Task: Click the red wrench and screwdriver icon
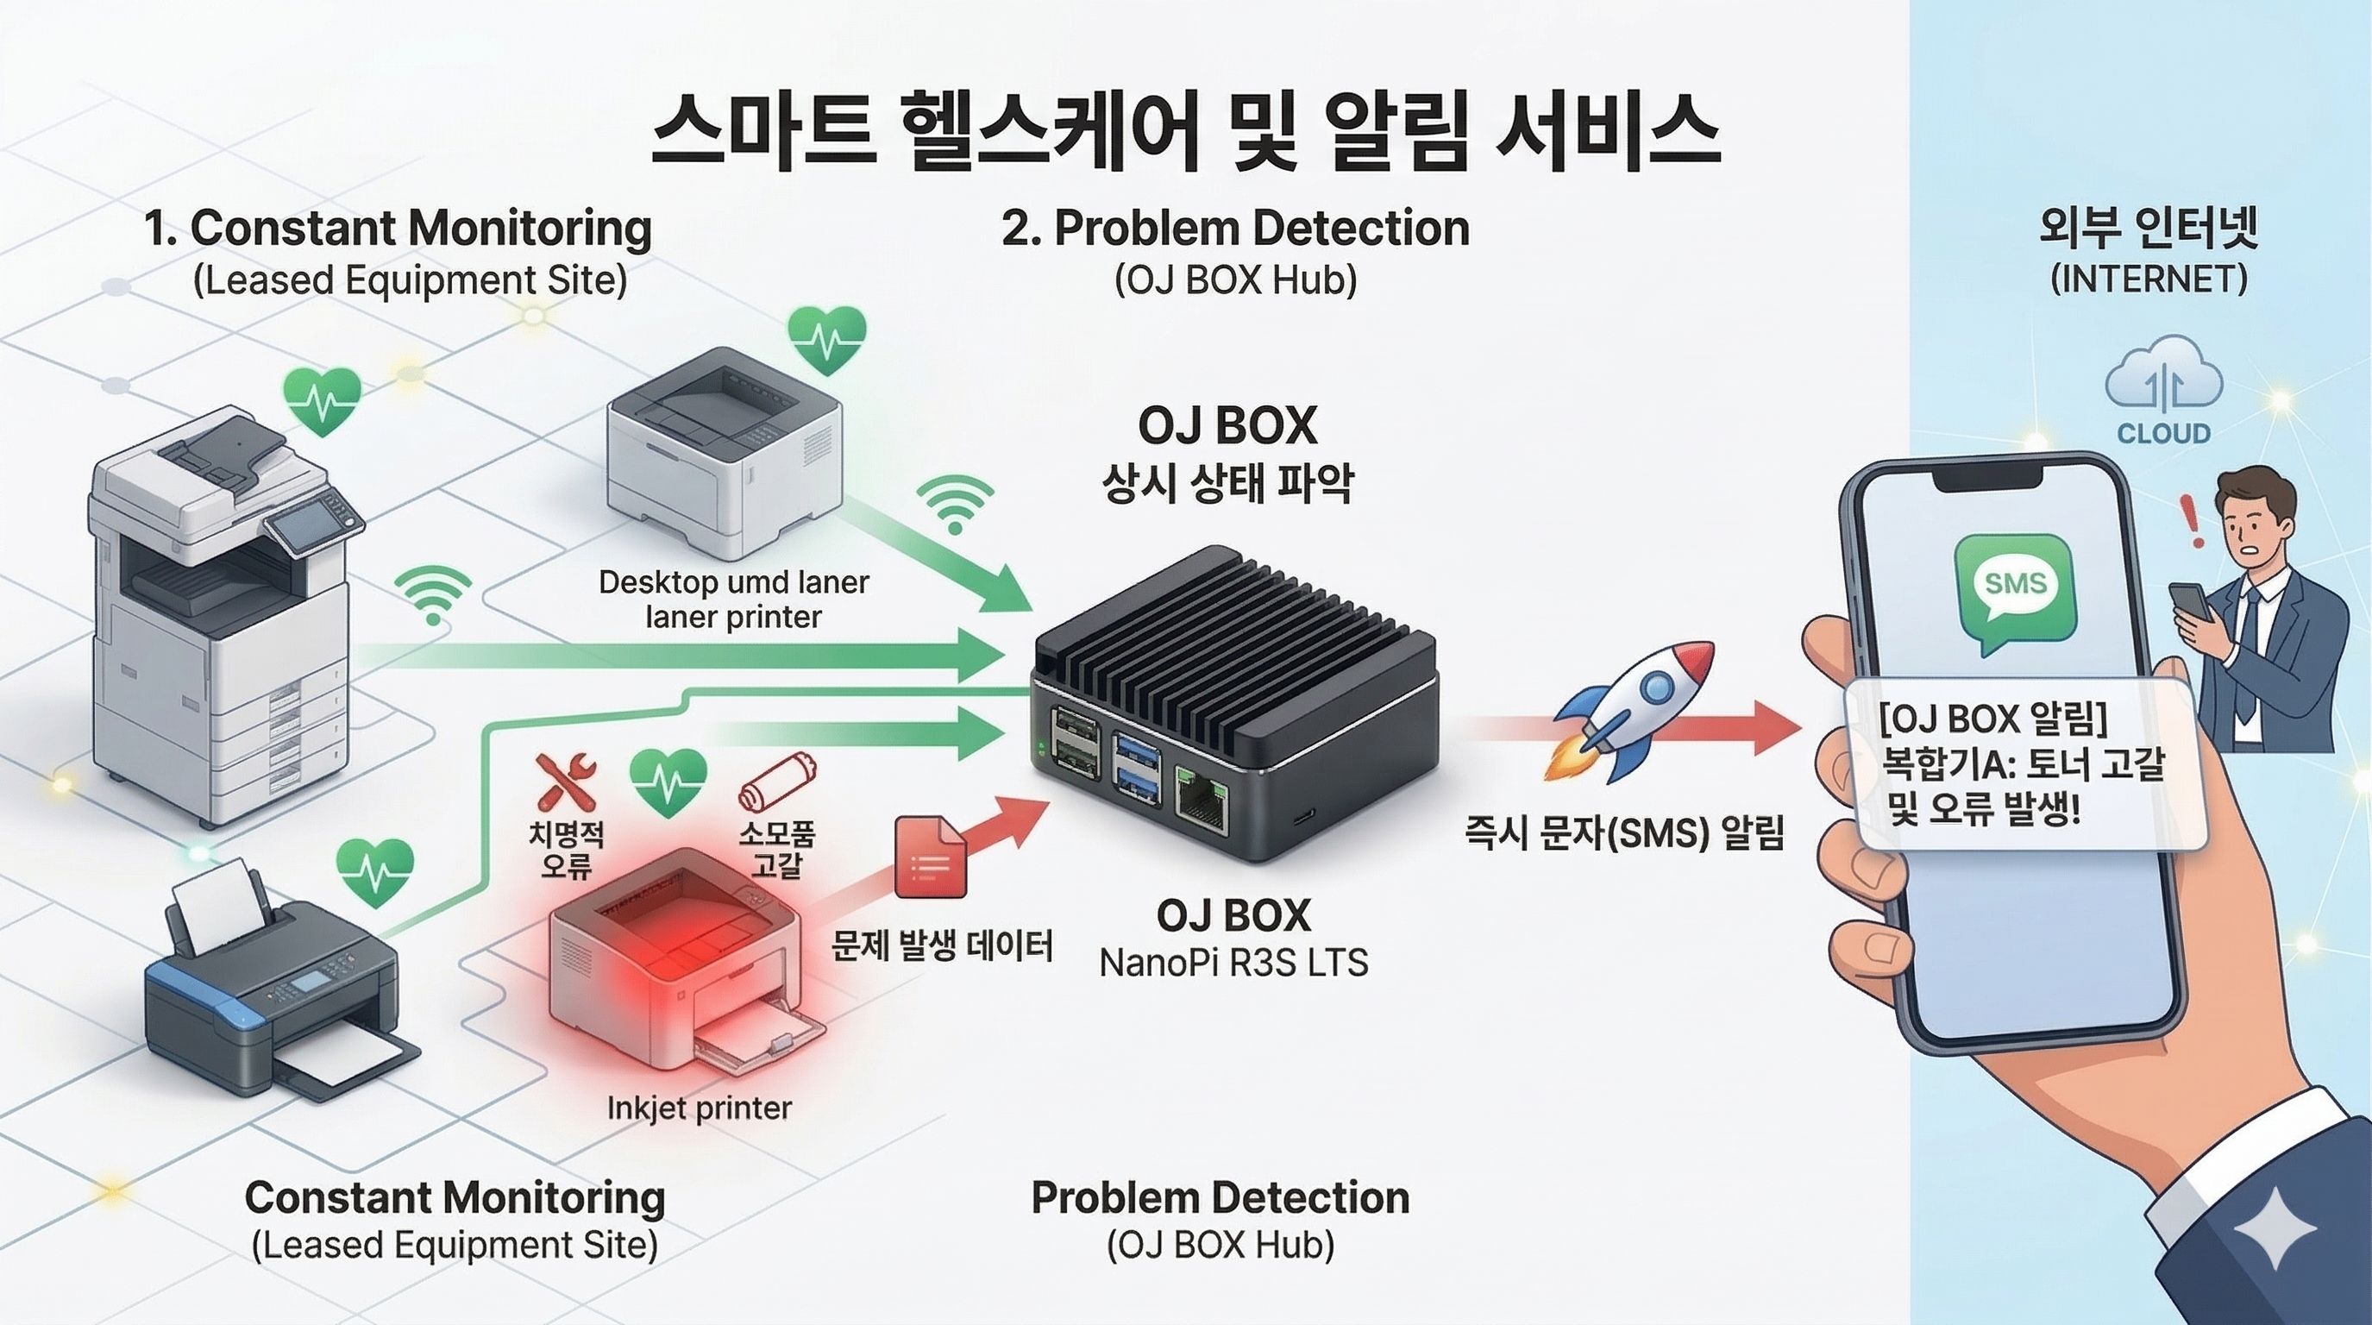pyautogui.click(x=564, y=782)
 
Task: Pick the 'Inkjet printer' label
pyautogui.click(x=699, y=1108)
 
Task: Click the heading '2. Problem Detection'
pyautogui.click(x=1235, y=229)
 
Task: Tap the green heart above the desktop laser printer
pyautogui.click(x=827, y=339)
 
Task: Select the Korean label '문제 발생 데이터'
pyautogui.click(x=941, y=945)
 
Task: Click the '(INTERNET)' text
pyautogui.click(x=2149, y=279)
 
